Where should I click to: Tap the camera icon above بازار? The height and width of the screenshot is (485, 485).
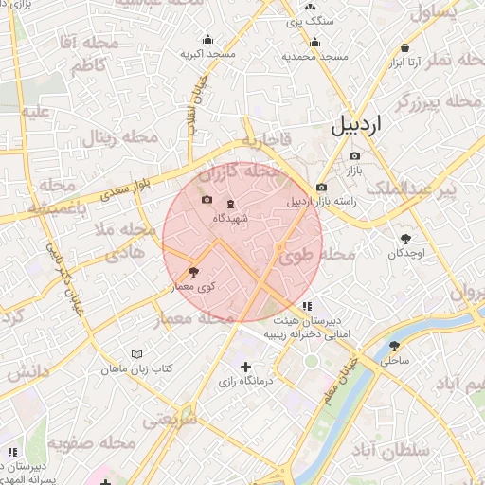click(x=354, y=156)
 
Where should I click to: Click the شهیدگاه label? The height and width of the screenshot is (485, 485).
click(x=230, y=218)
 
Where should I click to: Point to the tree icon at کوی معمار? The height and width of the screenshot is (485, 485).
click(x=194, y=271)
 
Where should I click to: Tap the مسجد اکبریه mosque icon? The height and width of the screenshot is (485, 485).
click(x=207, y=40)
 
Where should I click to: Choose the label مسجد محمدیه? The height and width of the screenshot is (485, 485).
click(x=314, y=57)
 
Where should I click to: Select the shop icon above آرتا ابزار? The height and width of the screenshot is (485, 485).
click(x=405, y=46)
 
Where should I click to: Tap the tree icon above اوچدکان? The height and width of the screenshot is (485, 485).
click(x=405, y=239)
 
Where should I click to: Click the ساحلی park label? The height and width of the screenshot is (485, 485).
click(x=394, y=361)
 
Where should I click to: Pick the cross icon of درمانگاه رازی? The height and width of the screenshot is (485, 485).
click(x=246, y=367)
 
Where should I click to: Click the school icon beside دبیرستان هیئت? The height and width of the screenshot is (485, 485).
click(x=307, y=307)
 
